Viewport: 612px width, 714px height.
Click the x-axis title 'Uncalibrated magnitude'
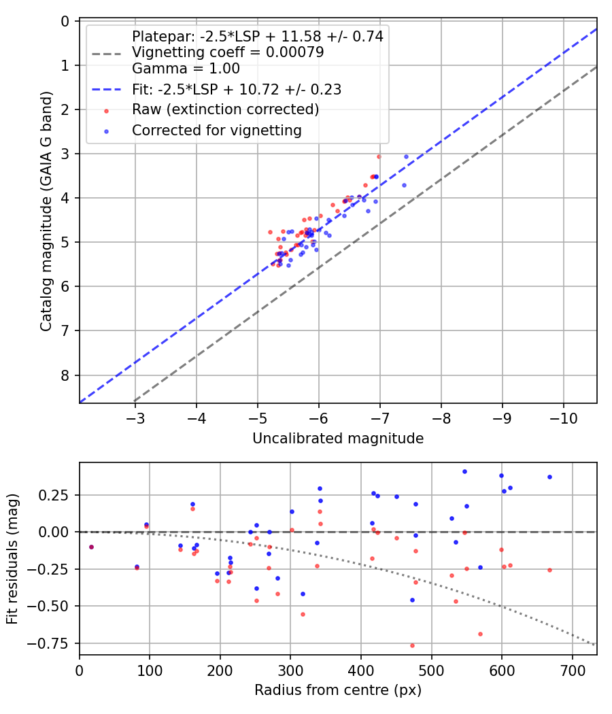[x=338, y=439]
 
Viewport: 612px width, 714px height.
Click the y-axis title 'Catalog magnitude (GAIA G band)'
[x=46, y=212]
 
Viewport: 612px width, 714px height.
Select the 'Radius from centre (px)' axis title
[x=338, y=690]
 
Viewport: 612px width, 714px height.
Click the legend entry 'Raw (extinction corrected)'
[x=226, y=109]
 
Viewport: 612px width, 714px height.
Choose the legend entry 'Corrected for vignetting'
[x=217, y=130]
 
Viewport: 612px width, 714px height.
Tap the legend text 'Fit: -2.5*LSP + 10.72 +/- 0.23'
[x=237, y=89]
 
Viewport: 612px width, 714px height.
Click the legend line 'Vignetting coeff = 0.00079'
[x=228, y=52]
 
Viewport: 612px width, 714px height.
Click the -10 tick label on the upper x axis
[x=564, y=416]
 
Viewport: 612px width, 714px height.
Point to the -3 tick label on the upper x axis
[x=135, y=416]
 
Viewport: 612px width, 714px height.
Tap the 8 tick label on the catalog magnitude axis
[x=65, y=375]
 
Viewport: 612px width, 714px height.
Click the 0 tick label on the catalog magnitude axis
[x=65, y=21]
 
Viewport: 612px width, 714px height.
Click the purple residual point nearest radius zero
[x=90, y=547]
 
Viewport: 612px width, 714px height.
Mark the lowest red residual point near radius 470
[x=412, y=645]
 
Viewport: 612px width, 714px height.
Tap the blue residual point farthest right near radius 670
[x=549, y=477]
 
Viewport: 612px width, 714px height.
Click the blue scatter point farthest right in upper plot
[x=406, y=156]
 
